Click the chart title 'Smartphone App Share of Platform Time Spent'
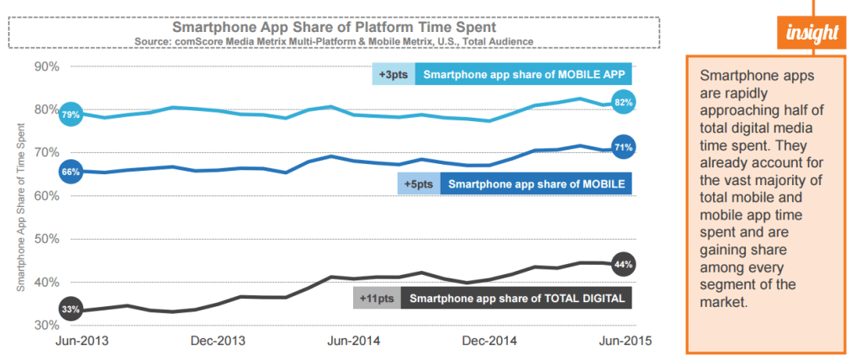tap(328, 26)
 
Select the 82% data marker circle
tap(623, 103)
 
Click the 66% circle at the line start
tap(71, 172)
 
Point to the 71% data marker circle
tap(623, 147)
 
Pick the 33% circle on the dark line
tap(71, 310)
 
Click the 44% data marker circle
tap(623, 264)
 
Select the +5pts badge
tap(418, 183)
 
